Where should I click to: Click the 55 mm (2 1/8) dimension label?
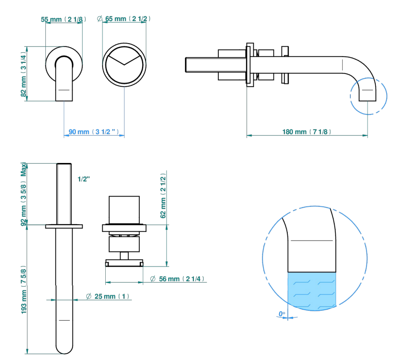(x=63, y=19)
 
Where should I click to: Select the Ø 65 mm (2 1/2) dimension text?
(x=124, y=19)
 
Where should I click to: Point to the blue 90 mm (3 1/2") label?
(x=94, y=132)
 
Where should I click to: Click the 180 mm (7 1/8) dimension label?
(x=307, y=132)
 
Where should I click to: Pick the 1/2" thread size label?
(x=84, y=179)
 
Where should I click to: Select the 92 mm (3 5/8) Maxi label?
(x=24, y=194)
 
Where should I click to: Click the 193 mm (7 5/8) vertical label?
(x=24, y=290)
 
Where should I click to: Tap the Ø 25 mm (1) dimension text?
(x=107, y=296)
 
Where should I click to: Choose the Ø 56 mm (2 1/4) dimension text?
(x=177, y=279)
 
